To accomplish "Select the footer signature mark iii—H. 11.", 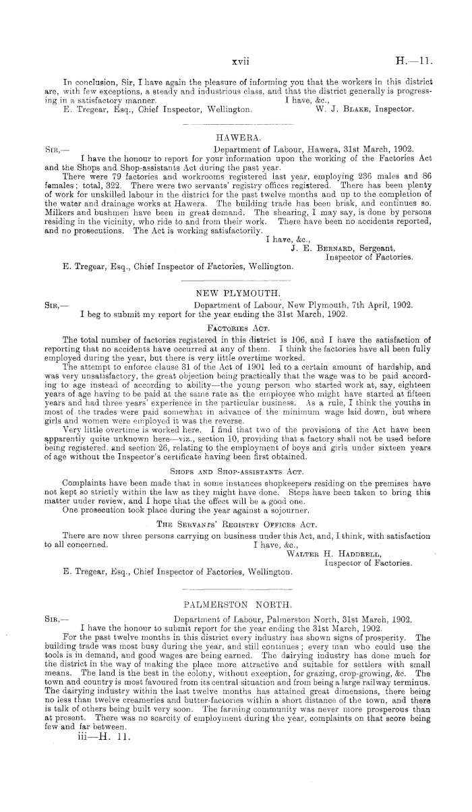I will coord(100,738).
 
